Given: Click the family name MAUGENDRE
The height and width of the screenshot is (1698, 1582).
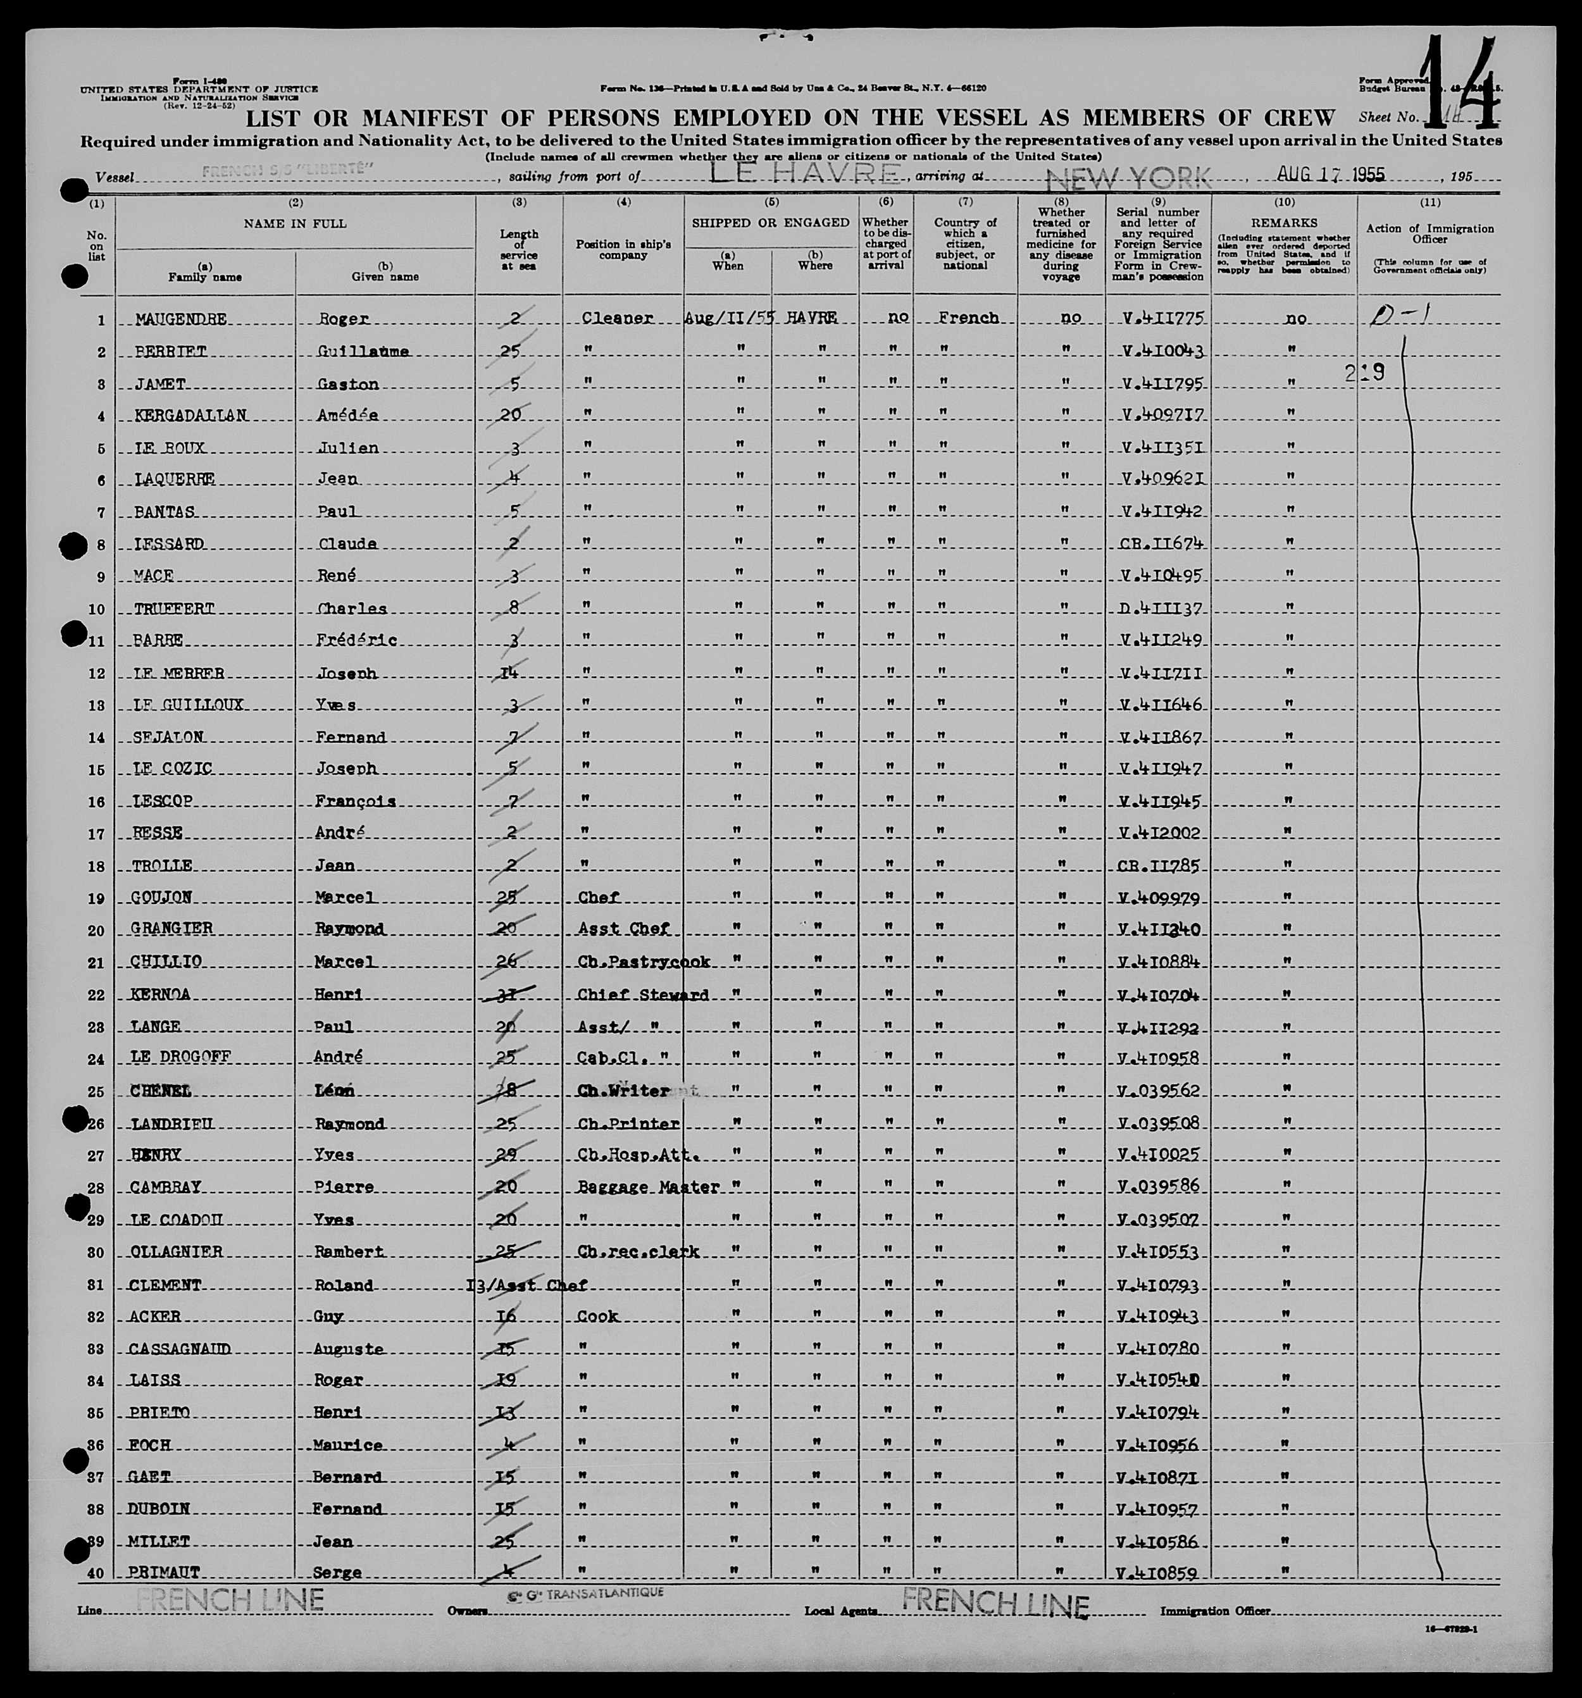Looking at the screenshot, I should (181, 319).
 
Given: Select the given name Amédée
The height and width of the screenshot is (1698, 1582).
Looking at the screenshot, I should (346, 416).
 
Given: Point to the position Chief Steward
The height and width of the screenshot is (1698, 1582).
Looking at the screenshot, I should (642, 995).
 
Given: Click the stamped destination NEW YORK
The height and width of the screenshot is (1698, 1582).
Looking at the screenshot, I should (1128, 178).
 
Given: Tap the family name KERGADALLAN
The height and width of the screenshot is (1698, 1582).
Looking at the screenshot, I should (190, 416).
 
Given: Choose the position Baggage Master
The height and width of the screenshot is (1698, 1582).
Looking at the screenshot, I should (647, 1187).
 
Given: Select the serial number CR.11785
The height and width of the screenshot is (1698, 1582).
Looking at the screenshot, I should (1160, 866).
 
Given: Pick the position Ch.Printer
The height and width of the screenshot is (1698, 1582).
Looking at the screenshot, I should (628, 1124).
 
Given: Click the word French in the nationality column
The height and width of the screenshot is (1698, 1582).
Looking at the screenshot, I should (968, 318).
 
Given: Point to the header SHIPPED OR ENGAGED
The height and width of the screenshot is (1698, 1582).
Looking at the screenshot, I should (771, 223).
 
